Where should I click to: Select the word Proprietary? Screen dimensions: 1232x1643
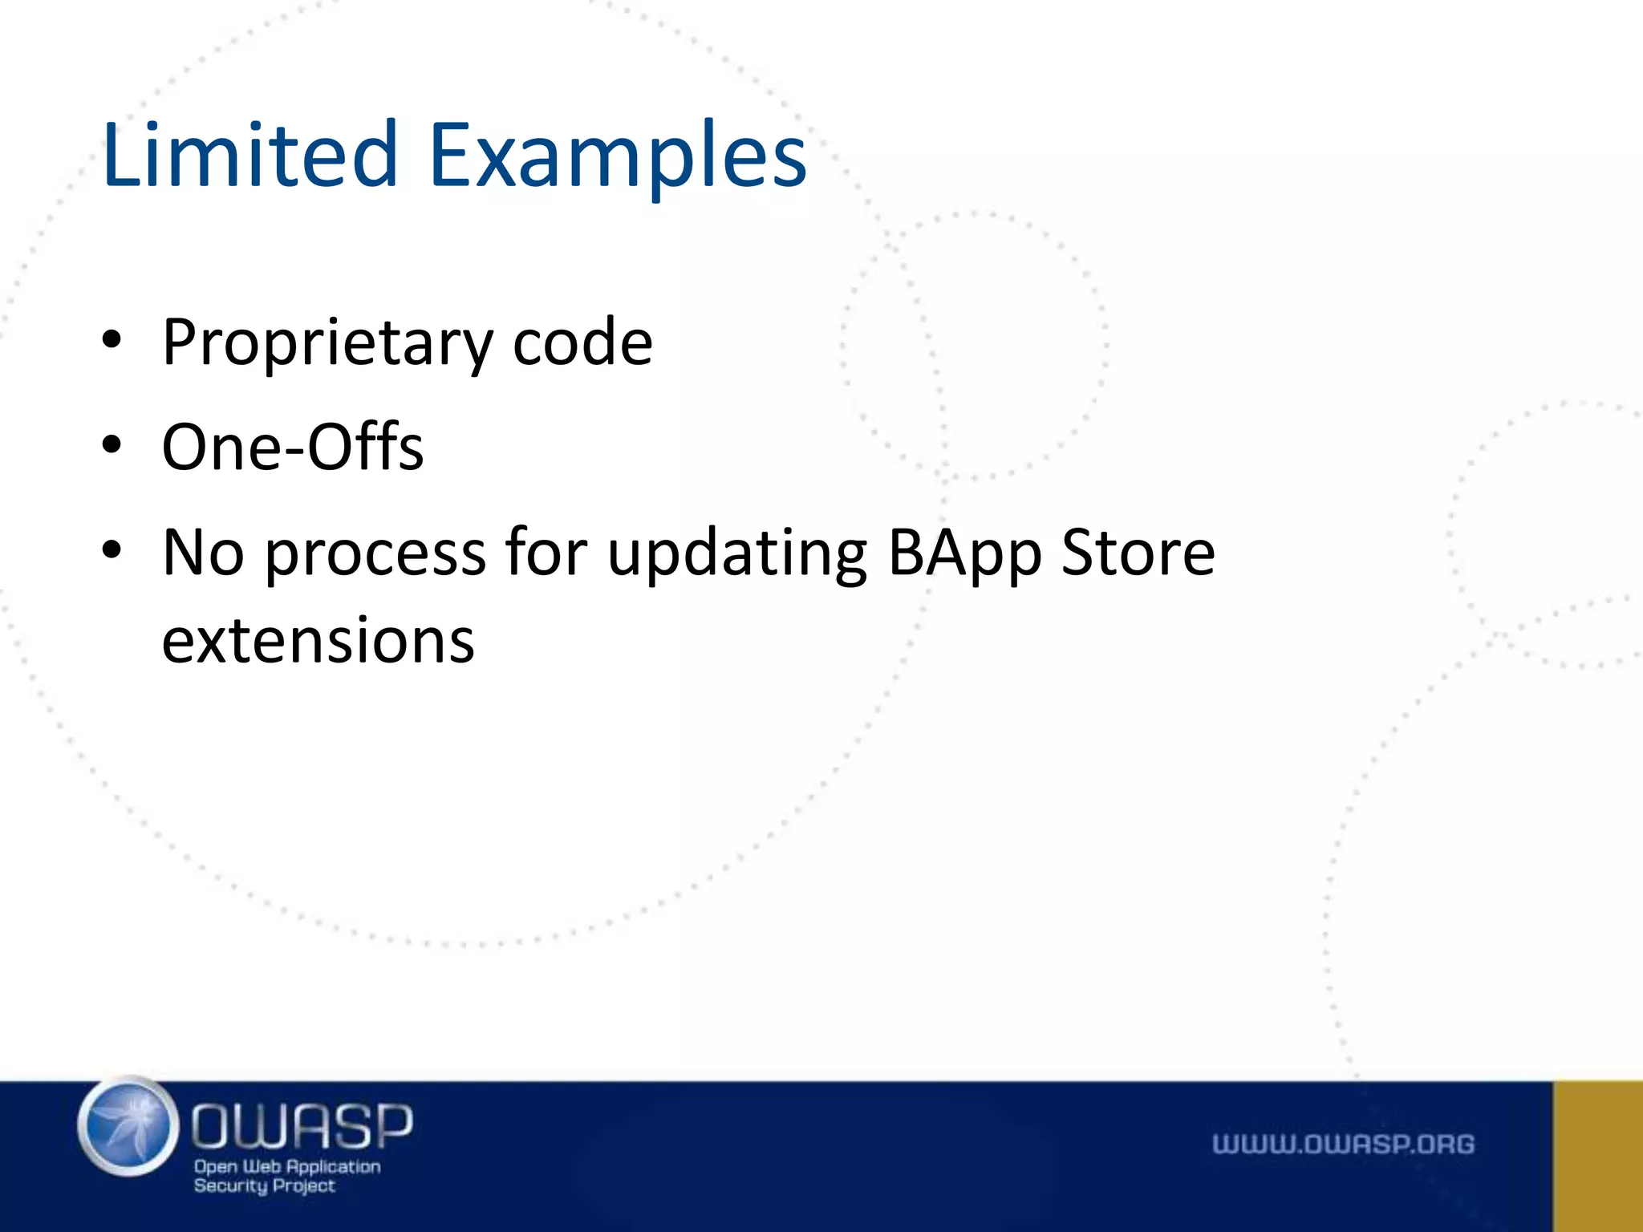click(327, 343)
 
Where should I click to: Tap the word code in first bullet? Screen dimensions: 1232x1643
click(582, 343)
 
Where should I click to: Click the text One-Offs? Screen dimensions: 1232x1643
click(292, 447)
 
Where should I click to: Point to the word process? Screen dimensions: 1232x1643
click(375, 553)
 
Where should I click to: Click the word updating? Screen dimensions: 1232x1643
click(737, 553)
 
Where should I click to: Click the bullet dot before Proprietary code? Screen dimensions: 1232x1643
click(112, 340)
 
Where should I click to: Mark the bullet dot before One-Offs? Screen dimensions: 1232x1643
click(112, 444)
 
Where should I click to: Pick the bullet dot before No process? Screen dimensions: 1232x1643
click(112, 550)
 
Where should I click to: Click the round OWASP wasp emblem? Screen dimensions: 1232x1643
click(128, 1126)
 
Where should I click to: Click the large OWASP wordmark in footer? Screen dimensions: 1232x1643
click(302, 1125)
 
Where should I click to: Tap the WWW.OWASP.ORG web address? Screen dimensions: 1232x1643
click(1343, 1145)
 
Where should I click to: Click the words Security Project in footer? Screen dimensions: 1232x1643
click(264, 1186)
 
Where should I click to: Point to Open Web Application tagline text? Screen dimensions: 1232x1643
click(287, 1166)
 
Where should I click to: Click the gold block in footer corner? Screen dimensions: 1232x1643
click(1597, 1156)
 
